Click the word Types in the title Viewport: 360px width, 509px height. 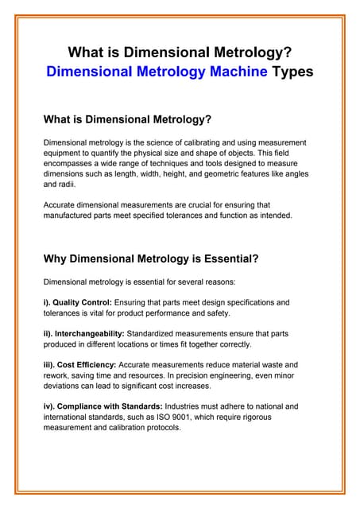click(292, 72)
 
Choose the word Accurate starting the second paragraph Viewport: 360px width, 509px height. click(61, 204)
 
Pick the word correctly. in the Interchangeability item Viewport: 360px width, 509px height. click(230, 344)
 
